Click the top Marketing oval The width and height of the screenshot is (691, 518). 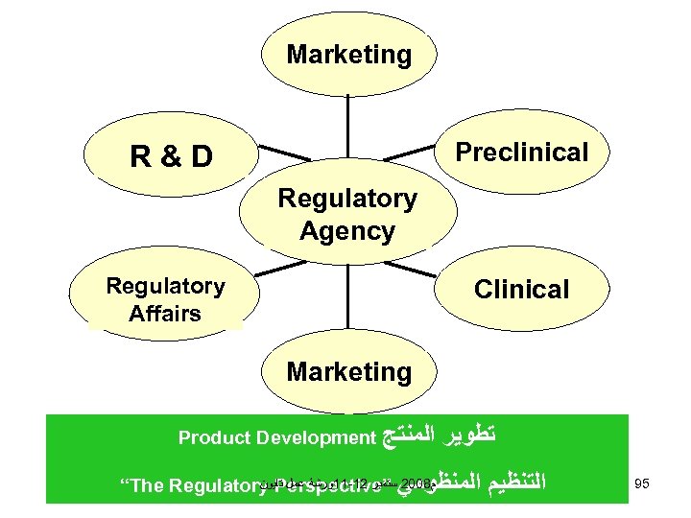[x=348, y=55]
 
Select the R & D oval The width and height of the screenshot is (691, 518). [x=172, y=155]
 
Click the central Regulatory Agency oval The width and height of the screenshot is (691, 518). [x=347, y=215]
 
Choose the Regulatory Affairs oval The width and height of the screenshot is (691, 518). [x=165, y=299]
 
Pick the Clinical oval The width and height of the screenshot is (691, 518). [x=521, y=289]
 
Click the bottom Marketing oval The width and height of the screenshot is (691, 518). [x=348, y=370]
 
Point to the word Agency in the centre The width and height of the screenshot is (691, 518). [x=347, y=231]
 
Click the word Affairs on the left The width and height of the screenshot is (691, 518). [x=165, y=313]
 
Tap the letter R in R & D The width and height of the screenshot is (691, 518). [x=140, y=155]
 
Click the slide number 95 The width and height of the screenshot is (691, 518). [x=642, y=483]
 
